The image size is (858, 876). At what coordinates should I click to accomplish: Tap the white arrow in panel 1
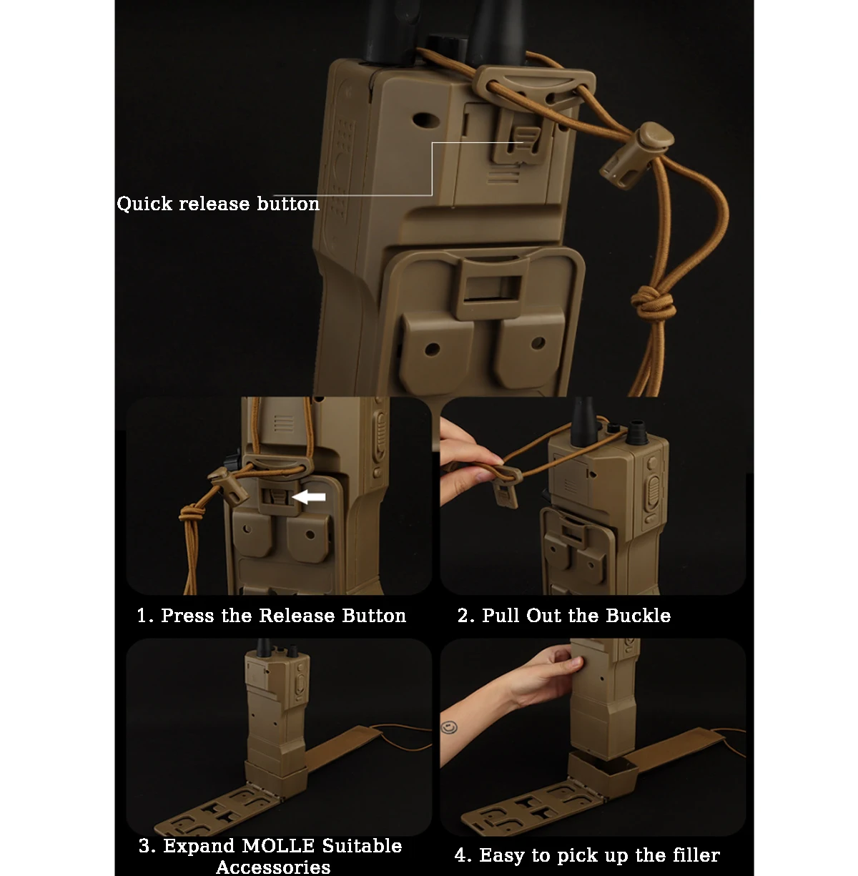pos(309,497)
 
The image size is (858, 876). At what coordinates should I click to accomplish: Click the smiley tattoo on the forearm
pos(449,728)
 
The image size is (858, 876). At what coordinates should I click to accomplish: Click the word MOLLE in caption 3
pos(278,846)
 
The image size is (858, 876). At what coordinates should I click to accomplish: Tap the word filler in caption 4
pos(696,855)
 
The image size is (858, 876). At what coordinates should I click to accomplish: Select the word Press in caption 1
pos(187,616)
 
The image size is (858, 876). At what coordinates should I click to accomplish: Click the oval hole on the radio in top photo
pos(424,120)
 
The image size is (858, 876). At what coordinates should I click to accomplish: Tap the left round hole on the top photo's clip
pos(432,349)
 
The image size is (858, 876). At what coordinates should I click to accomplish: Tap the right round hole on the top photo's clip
pos(538,343)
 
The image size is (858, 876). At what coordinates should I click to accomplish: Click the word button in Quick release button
pos(288,205)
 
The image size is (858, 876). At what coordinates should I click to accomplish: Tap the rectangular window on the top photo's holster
pos(491,287)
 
